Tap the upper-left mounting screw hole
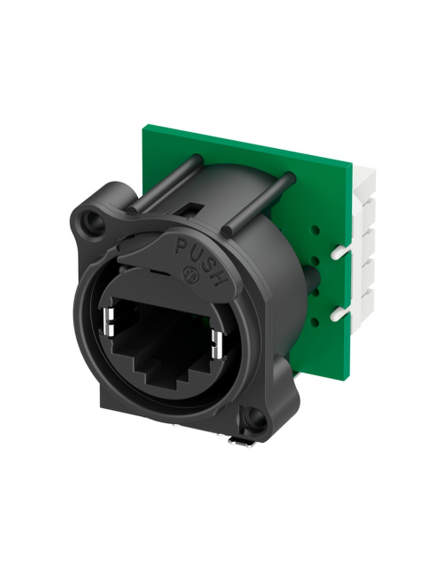pyautogui.click(x=94, y=221)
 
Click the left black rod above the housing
pyautogui.click(x=165, y=183)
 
